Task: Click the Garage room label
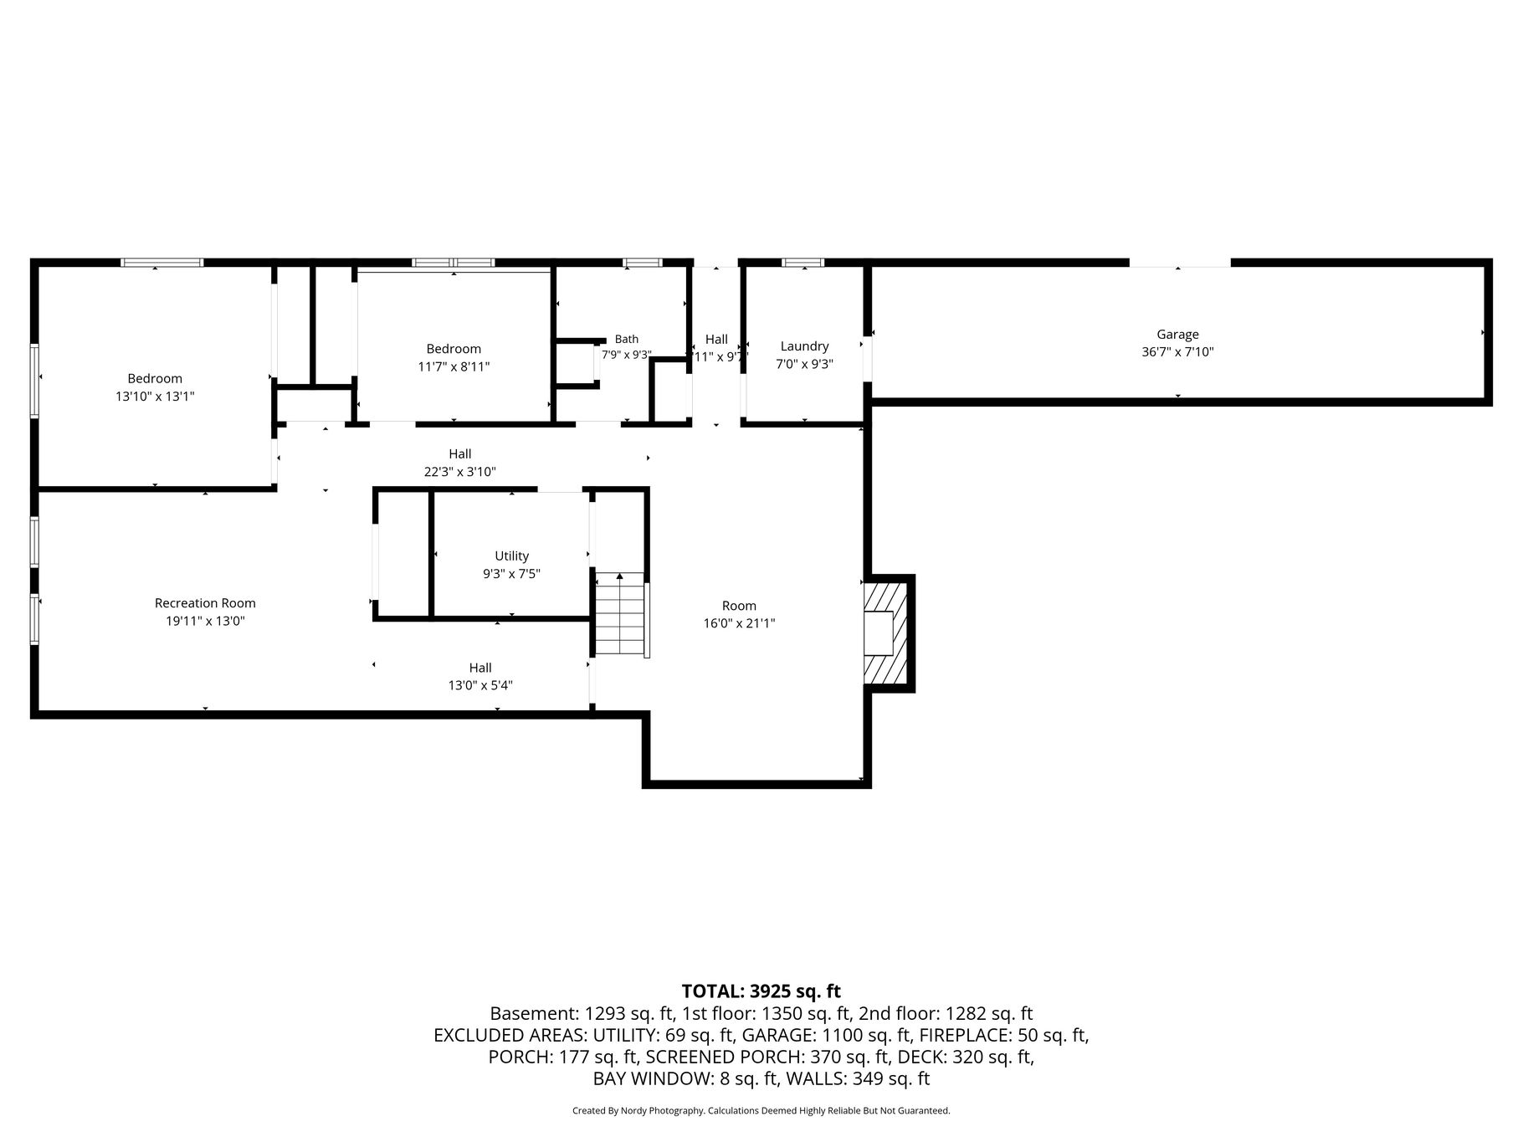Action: pos(1177,335)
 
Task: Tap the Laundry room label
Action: pos(804,346)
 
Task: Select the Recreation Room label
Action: pos(205,603)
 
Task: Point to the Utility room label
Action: pos(511,556)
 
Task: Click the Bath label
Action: pos(627,339)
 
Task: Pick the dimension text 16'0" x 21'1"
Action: pos(739,623)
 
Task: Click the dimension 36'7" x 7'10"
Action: pos(1177,352)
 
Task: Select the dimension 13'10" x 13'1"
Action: pos(155,397)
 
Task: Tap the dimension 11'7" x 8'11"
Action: pos(454,366)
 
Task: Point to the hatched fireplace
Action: pos(886,633)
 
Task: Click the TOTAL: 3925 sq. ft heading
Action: pos(761,991)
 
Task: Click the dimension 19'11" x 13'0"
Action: pos(205,621)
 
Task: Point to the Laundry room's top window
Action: pos(803,263)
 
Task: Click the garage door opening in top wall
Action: pos(1180,263)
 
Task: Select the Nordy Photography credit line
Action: pos(761,1111)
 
